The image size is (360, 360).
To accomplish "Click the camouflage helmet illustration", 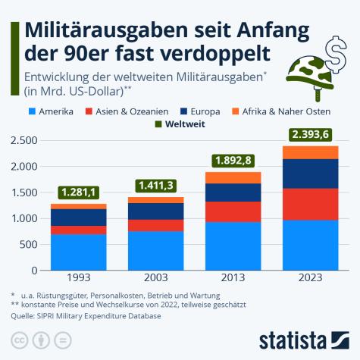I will pos(307,73).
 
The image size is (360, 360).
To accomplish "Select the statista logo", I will pos(303,338).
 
